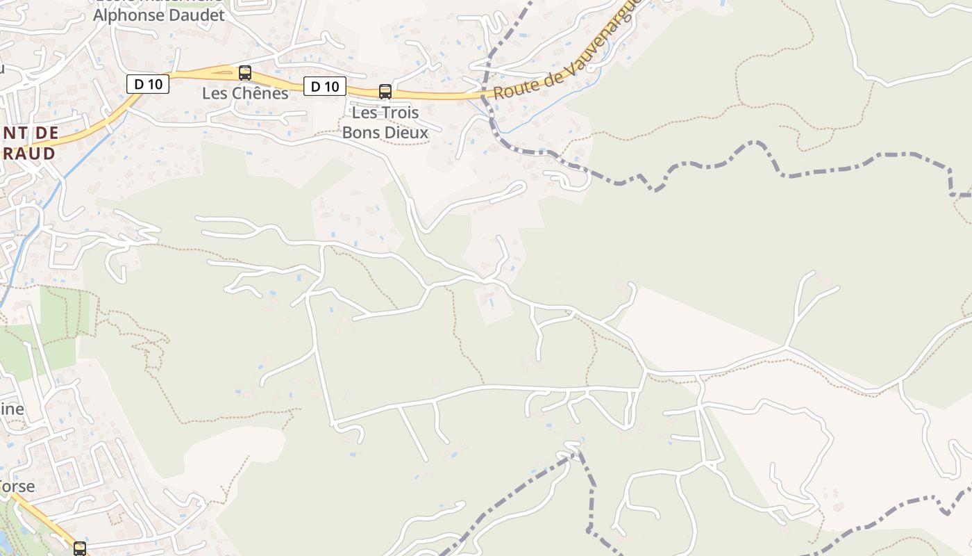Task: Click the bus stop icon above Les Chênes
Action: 245,72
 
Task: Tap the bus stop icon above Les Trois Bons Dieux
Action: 385,91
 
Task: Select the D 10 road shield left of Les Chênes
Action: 148,84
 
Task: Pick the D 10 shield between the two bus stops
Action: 324,86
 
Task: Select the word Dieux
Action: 407,131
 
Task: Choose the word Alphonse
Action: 127,15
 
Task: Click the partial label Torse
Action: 17,486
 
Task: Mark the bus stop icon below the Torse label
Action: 80,548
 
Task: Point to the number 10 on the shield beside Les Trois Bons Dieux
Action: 332,86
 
